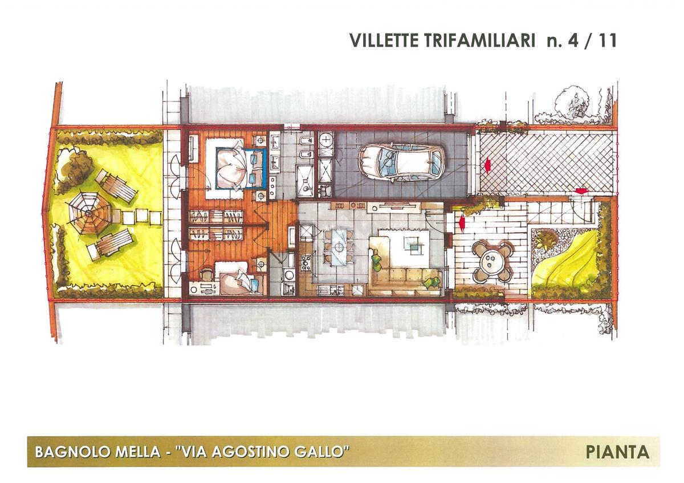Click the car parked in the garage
click(x=401, y=163)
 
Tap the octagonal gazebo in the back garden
click(x=89, y=212)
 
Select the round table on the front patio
click(x=491, y=261)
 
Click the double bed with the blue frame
click(x=241, y=168)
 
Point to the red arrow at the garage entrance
click(x=488, y=165)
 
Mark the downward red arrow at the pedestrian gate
click(x=581, y=191)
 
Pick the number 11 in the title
click(x=607, y=40)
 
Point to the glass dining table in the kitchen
click(x=339, y=247)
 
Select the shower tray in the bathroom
click(x=305, y=180)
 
